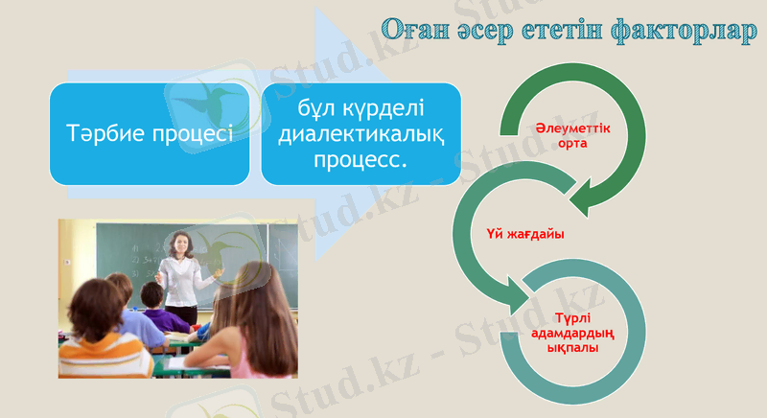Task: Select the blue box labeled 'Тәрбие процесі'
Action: (x=150, y=133)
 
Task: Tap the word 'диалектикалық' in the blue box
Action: (x=360, y=135)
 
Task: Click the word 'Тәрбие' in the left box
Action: (x=105, y=133)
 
